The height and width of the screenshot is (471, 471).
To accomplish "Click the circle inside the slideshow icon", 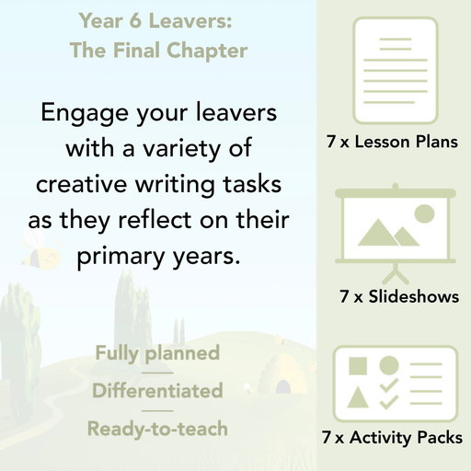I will (424, 214).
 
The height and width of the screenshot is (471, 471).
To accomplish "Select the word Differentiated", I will (157, 391).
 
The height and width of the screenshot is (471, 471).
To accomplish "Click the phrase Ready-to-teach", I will (157, 429).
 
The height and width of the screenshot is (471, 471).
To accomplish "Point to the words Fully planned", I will (157, 353).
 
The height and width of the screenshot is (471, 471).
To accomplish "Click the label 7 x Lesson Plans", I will (392, 143).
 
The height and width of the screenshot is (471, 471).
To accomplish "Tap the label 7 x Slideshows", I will (399, 297).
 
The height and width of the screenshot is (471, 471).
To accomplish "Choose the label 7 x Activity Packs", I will (393, 439).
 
